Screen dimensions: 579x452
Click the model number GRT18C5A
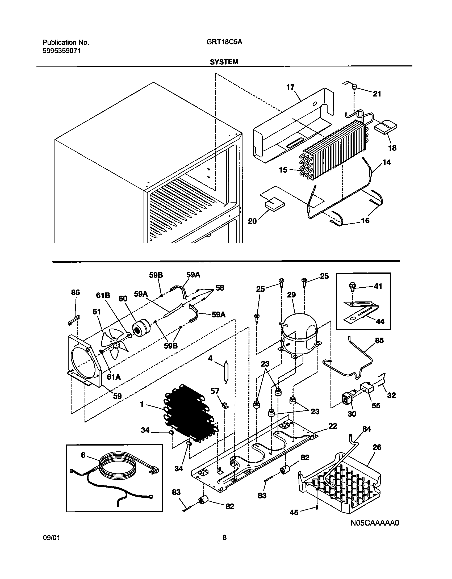(224, 42)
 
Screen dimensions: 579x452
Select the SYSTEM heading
(224, 62)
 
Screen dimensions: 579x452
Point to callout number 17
(291, 87)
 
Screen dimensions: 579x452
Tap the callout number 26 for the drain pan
(377, 447)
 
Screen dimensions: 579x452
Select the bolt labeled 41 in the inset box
(352, 286)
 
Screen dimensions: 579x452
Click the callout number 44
(380, 321)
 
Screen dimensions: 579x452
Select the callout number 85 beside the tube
(379, 341)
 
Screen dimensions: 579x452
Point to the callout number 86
(76, 292)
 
